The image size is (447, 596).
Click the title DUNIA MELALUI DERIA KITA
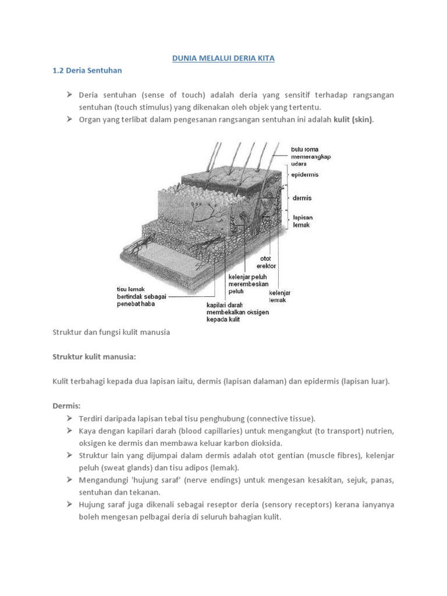[223, 59]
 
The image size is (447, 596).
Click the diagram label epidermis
[305, 174]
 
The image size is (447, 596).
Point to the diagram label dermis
[301, 198]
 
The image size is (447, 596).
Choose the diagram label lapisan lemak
[303, 222]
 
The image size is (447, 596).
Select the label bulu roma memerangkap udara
[305, 157]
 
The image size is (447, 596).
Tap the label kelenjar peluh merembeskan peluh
[248, 285]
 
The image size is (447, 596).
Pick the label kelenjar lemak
[279, 296]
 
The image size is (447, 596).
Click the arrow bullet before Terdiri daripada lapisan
[69, 418]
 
